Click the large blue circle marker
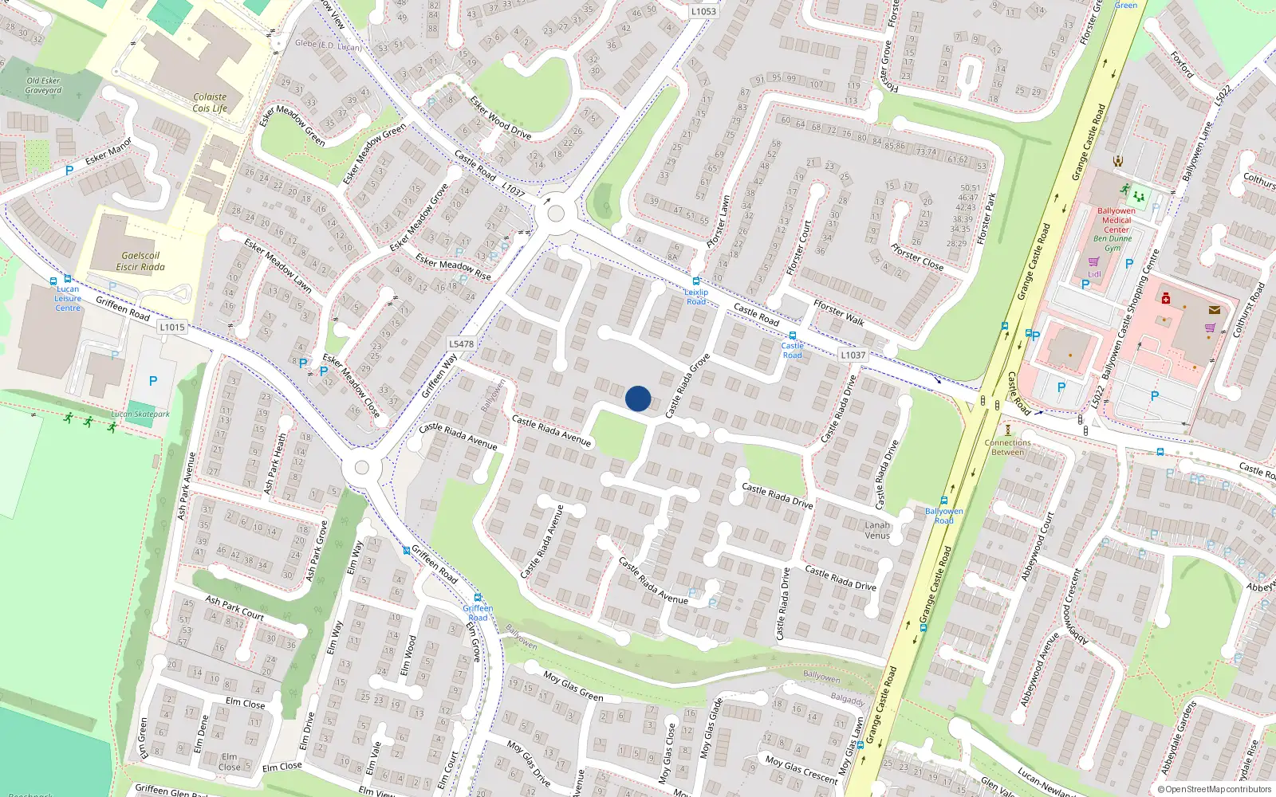tap(638, 398)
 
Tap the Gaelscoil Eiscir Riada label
tap(140, 261)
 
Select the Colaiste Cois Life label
tap(210, 103)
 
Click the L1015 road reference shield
tap(172, 327)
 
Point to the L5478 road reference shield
tap(461, 344)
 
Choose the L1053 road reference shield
tap(703, 11)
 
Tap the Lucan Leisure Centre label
tap(68, 298)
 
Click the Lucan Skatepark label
tap(140, 414)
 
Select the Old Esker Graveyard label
tap(43, 85)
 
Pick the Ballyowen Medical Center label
tap(1116, 220)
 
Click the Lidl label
tap(1094, 274)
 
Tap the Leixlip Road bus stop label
tap(696, 296)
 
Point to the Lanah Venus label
tap(877, 530)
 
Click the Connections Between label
tap(1007, 447)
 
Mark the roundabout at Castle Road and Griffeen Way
tap(556, 214)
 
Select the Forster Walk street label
tap(839, 312)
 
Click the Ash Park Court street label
tap(234, 607)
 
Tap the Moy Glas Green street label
tap(573, 685)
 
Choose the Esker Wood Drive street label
tap(500, 117)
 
